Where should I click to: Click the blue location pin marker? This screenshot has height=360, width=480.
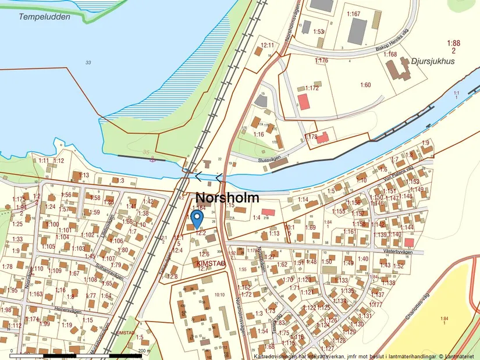tap(197, 218)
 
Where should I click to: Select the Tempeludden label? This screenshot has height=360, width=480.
tap(44, 17)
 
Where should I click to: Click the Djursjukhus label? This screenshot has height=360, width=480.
tap(431, 59)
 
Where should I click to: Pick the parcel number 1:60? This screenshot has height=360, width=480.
tap(365, 85)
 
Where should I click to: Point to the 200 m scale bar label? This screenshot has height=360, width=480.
tap(143, 351)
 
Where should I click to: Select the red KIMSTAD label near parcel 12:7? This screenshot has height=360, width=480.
tap(208, 263)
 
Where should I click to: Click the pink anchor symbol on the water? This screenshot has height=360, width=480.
tap(152, 158)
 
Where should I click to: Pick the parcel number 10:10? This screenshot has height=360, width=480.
tap(219, 295)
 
